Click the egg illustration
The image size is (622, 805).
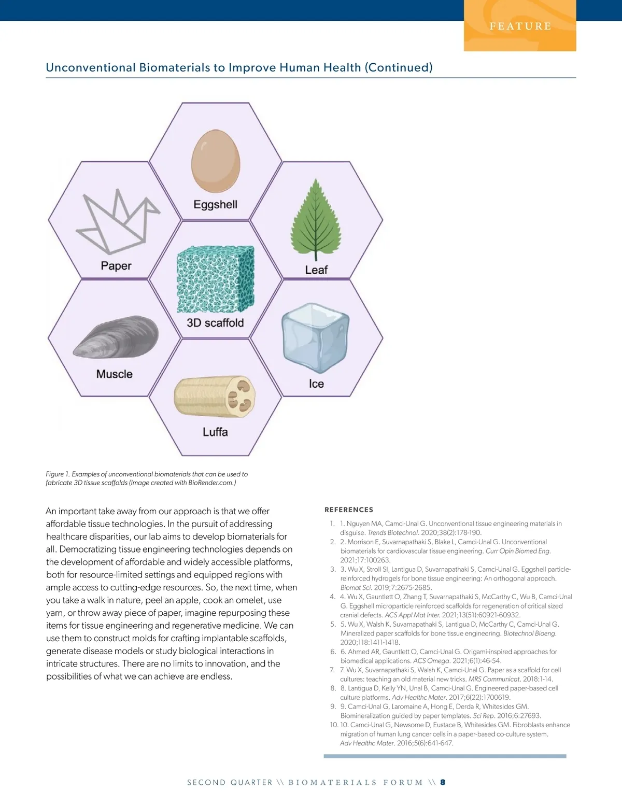click(x=216, y=161)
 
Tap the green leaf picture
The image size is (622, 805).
click(x=315, y=218)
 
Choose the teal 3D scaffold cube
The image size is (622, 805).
click(x=216, y=278)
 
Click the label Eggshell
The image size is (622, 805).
click(x=215, y=204)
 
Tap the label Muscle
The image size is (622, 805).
click(x=115, y=374)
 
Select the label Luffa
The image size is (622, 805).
click(x=215, y=432)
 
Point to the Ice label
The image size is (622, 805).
click(x=316, y=384)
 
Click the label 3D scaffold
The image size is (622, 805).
click(x=215, y=322)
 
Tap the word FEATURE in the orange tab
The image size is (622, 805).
click(x=520, y=26)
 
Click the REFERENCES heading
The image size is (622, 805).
click(x=349, y=510)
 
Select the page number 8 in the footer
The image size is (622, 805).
click(x=443, y=782)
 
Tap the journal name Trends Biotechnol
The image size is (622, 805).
click(x=393, y=532)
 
